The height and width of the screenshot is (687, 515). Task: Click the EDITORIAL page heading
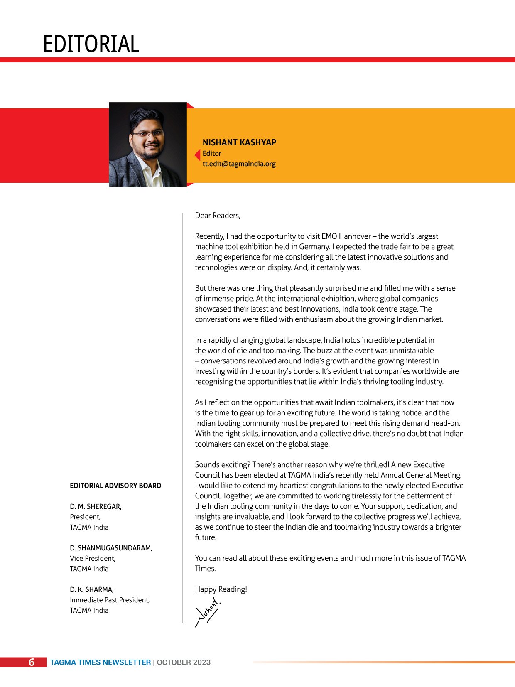(x=91, y=44)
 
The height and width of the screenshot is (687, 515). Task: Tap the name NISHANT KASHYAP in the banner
(x=239, y=142)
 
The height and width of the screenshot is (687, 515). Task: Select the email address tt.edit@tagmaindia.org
(x=239, y=164)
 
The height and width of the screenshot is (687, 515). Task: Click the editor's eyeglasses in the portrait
(x=148, y=134)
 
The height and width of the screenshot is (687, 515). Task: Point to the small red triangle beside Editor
(x=198, y=155)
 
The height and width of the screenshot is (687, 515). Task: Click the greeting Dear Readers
(x=218, y=216)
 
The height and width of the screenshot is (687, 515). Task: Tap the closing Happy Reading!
(x=221, y=589)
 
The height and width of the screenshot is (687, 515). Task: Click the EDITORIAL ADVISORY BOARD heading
(x=115, y=486)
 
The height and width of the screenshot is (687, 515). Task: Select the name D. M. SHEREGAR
(x=96, y=506)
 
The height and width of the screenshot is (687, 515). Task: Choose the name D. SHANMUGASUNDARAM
(x=111, y=548)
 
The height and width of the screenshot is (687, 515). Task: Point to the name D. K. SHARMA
(x=92, y=589)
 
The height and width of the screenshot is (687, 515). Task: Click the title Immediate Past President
(x=110, y=600)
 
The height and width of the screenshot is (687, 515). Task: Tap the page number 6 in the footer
(x=32, y=662)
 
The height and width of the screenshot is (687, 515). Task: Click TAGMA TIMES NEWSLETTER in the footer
(x=101, y=662)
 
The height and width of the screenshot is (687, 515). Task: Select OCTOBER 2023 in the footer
(x=184, y=662)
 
